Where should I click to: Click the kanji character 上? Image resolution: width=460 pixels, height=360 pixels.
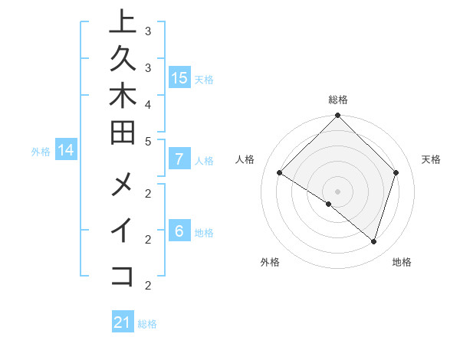coord(123,21)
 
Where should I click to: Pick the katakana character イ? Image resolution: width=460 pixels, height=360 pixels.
coord(123,231)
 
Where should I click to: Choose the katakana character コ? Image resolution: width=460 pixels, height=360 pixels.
coord(123,276)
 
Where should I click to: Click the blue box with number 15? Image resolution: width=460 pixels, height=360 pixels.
coord(179,77)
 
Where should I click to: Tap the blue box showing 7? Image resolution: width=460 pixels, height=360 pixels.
coord(179,159)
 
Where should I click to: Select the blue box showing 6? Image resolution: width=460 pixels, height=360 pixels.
coord(179,231)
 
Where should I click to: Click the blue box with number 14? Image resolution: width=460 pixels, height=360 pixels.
coord(66,150)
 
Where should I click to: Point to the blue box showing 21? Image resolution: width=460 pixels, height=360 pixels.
coord(123,322)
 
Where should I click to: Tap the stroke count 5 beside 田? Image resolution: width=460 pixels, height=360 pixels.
coord(148,141)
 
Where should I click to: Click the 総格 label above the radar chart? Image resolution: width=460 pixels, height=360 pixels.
coord(338,100)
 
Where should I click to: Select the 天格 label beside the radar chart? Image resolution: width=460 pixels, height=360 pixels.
coord(432,159)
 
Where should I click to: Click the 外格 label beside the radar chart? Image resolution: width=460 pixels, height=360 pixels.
coord(270,262)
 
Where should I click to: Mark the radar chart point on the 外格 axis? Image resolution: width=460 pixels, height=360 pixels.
coord(329,204)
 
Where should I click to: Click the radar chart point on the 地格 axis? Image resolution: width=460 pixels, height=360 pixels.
coord(373,241)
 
